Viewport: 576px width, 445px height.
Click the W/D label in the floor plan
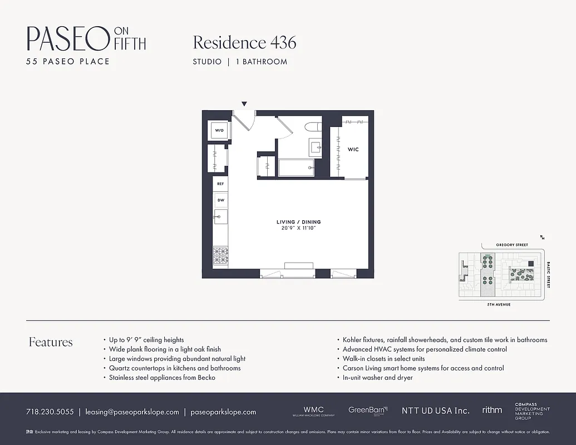[x=219, y=131]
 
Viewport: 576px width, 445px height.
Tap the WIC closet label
[x=353, y=150]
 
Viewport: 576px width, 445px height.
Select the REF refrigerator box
[x=220, y=184]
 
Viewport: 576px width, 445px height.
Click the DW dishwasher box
[x=220, y=200]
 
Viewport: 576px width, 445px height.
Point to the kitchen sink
[x=220, y=216]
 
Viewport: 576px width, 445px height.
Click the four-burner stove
[x=220, y=255]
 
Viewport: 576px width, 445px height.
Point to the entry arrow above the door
[x=244, y=104]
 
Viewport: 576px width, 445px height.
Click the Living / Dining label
[x=298, y=222]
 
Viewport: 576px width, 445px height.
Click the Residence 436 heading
[x=244, y=42]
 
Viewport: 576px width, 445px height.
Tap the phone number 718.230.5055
[x=50, y=412]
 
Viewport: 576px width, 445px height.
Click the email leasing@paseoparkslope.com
[x=132, y=412]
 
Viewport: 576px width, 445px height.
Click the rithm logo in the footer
[x=492, y=410]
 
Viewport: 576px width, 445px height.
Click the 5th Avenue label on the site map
[x=499, y=305]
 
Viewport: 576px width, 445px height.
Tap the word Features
[x=51, y=342]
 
